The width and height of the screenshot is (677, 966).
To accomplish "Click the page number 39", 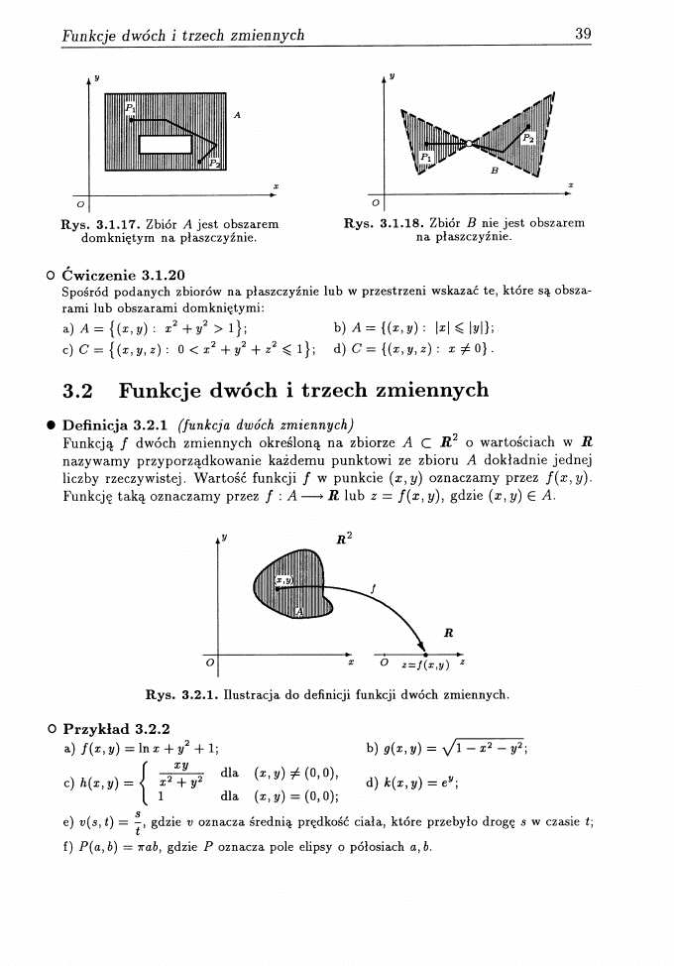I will [583, 35].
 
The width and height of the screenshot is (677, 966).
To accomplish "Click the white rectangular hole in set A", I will [165, 144].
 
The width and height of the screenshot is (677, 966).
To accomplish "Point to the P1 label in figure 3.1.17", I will [130, 106].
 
